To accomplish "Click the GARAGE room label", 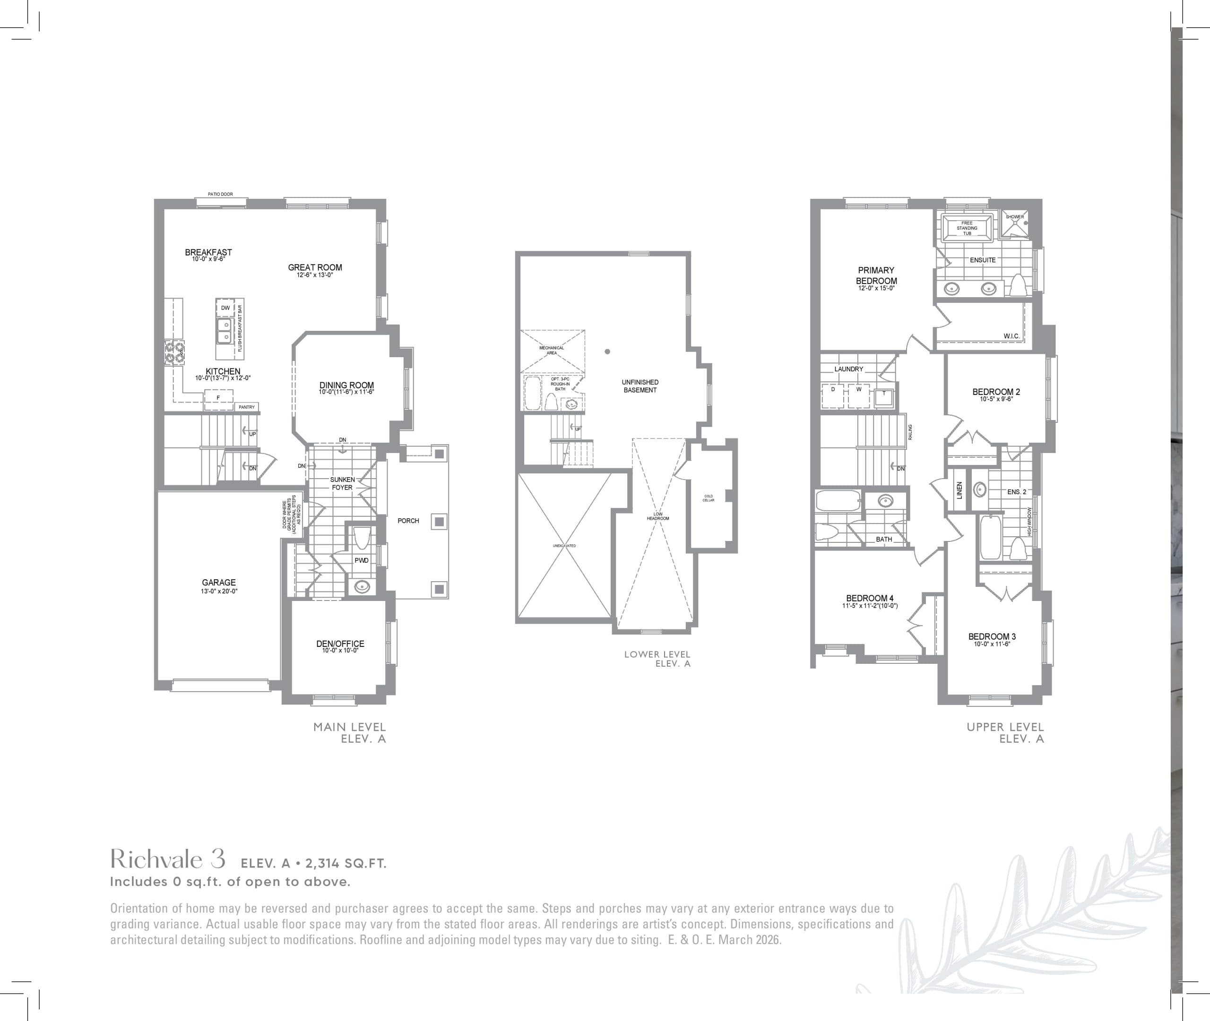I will click(219, 582).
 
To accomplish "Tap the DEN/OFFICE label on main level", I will click(340, 643).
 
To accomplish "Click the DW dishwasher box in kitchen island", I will click(225, 308).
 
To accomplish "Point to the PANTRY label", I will click(247, 407).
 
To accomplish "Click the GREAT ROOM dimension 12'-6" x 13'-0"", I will click(315, 275).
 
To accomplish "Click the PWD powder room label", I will click(361, 560).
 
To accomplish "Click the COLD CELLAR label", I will click(709, 498).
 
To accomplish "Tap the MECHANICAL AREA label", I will click(551, 350).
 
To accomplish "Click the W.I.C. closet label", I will click(1011, 336).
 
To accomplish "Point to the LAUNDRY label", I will click(849, 369).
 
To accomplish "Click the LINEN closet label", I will click(959, 490).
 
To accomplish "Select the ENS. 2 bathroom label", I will click(1017, 492).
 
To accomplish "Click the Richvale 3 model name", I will click(168, 859).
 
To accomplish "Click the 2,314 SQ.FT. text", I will click(346, 864).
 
